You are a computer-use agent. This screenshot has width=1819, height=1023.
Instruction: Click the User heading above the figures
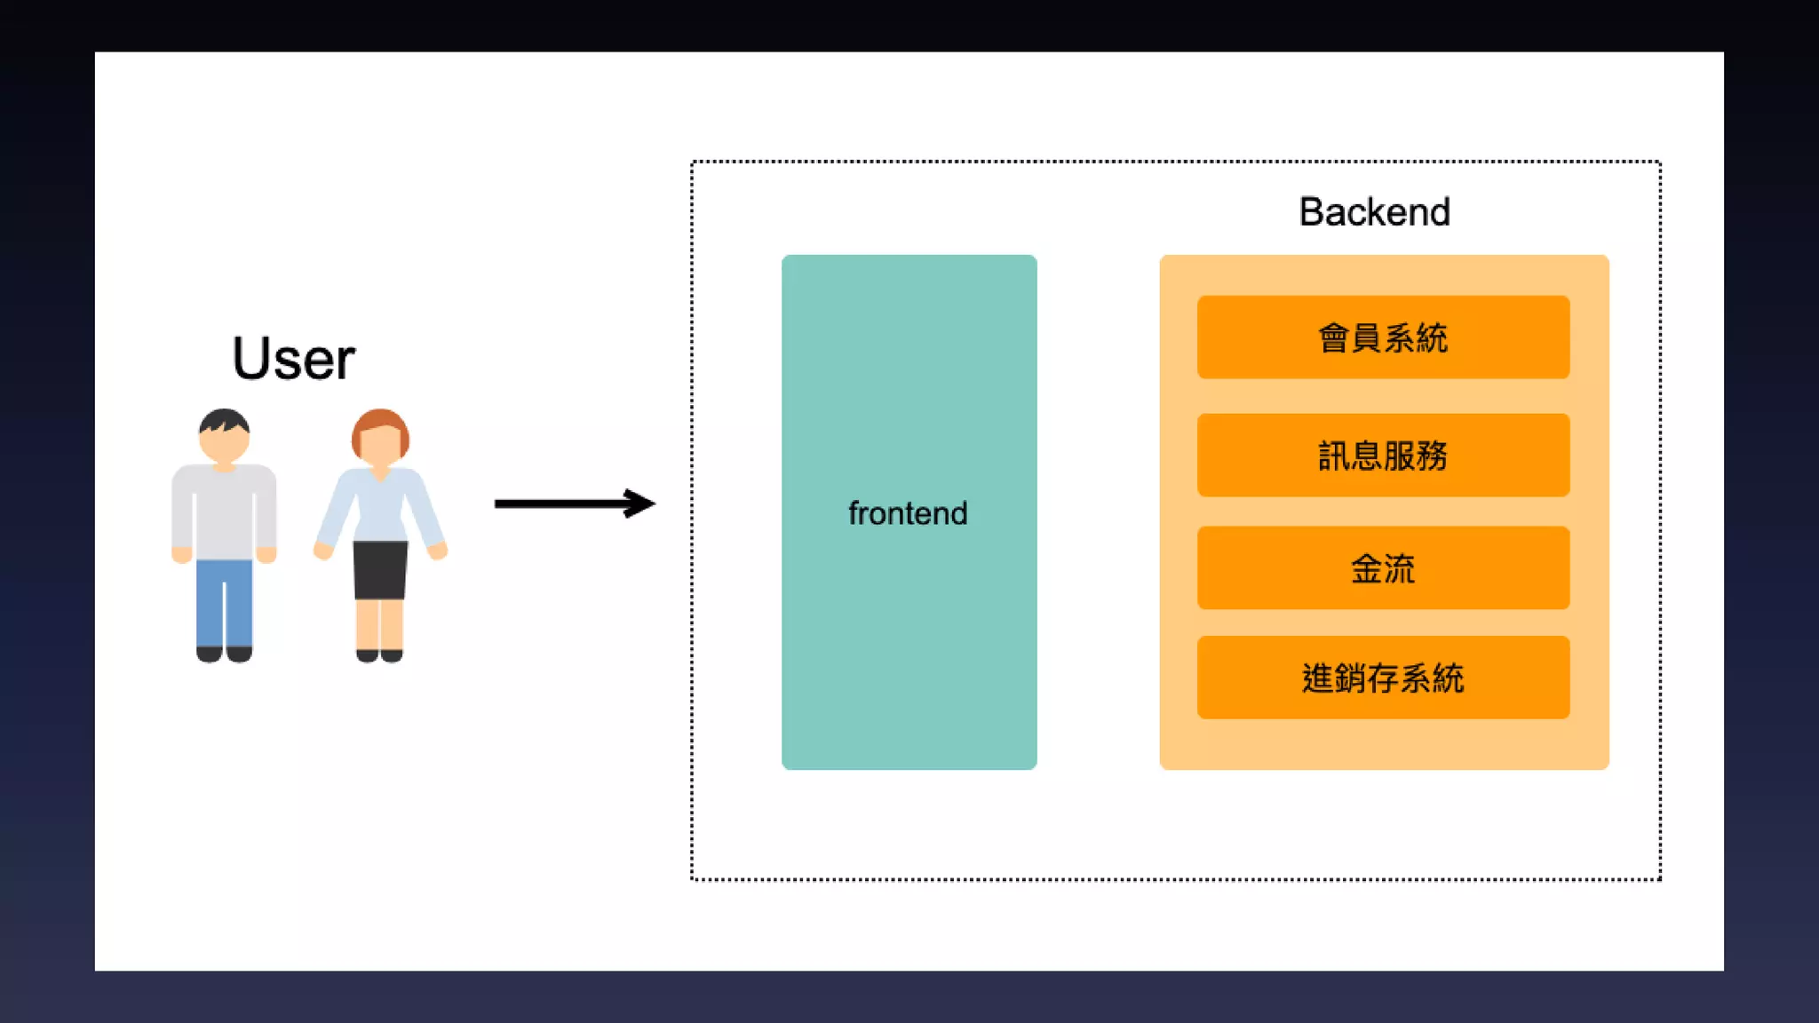pyautogui.click(x=293, y=359)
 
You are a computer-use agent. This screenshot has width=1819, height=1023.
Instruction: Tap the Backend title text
pyautogui.click(x=1374, y=212)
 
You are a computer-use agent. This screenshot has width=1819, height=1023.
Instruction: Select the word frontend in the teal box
pyautogui.click(x=908, y=513)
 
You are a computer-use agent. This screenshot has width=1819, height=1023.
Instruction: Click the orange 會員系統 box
pyautogui.click(x=1383, y=337)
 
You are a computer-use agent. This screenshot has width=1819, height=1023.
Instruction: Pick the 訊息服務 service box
pyautogui.click(x=1383, y=455)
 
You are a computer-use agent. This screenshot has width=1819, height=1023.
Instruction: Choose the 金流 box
pyautogui.click(x=1383, y=568)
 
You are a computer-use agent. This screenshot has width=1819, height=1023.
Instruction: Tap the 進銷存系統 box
pyautogui.click(x=1383, y=678)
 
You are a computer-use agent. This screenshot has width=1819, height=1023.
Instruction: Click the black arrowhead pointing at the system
pyautogui.click(x=641, y=504)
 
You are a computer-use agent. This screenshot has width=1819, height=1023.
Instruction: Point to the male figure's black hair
pyautogui.click(x=224, y=419)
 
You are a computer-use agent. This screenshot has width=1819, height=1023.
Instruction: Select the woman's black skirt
pyautogui.click(x=380, y=569)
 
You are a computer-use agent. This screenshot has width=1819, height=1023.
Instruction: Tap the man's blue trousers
pyautogui.click(x=224, y=604)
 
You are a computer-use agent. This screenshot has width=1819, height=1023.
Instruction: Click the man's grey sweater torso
pyautogui.click(x=224, y=511)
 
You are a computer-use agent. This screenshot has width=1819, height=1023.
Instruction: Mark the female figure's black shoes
pyautogui.click(x=379, y=655)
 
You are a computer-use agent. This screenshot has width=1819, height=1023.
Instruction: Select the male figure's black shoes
pyautogui.click(x=224, y=654)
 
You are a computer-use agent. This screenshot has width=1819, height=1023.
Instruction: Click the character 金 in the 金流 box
pyautogui.click(x=1366, y=568)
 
